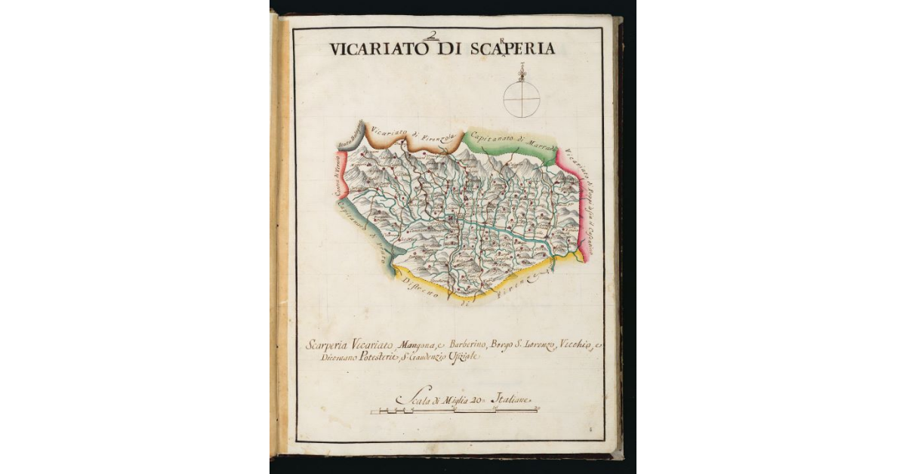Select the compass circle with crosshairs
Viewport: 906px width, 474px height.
[522, 99]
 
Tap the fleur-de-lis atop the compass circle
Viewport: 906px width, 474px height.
[522, 72]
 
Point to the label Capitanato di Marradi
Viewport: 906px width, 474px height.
[512, 140]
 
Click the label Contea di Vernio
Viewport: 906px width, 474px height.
[339, 175]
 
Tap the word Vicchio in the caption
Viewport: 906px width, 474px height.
[575, 346]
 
